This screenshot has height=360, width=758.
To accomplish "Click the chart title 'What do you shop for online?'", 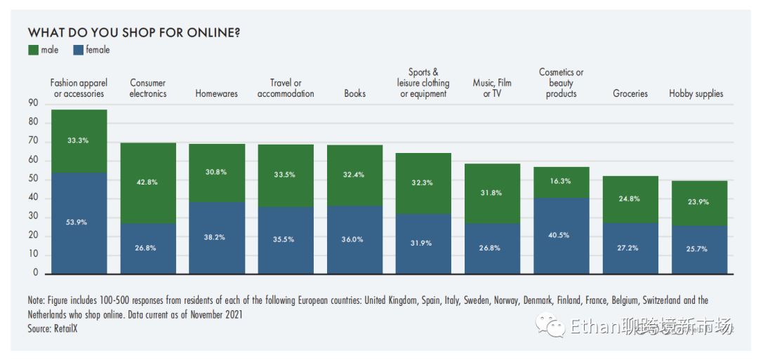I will (x=134, y=33).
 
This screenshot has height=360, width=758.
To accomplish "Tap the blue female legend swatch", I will (x=79, y=50).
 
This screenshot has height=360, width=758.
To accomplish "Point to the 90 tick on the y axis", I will (x=34, y=104).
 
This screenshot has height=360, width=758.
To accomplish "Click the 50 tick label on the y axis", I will (x=34, y=180).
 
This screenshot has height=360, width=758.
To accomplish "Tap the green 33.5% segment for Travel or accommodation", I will (x=286, y=175).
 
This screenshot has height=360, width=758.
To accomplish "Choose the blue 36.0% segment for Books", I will (x=354, y=239).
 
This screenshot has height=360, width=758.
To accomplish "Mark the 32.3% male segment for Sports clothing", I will (x=423, y=183).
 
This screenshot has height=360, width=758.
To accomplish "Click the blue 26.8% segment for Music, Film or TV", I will (x=492, y=248).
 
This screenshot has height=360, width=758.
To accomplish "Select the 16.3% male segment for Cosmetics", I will (x=561, y=182).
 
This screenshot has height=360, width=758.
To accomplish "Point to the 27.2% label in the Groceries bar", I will (x=630, y=248).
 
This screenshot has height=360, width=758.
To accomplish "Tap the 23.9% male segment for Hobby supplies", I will (x=698, y=203).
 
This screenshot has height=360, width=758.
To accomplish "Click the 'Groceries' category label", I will (x=630, y=93).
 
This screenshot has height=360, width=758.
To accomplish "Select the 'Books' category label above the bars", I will (x=354, y=93).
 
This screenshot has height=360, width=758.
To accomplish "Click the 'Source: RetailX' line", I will (x=53, y=328).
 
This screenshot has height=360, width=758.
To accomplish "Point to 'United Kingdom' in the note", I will (x=394, y=300).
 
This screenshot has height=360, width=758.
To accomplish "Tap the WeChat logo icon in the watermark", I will (x=550, y=326).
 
